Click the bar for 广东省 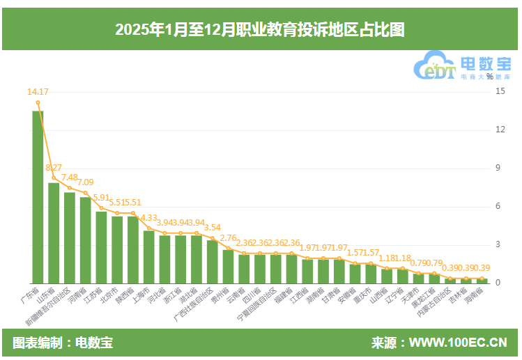38,196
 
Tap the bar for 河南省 85,240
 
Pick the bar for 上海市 148,256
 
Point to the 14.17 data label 38,91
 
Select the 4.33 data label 148,218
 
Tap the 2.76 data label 228,237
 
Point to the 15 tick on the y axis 500,91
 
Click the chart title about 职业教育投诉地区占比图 260,30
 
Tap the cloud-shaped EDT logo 436,67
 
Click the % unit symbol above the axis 489,77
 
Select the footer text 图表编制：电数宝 63,343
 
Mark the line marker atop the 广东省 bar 38,102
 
